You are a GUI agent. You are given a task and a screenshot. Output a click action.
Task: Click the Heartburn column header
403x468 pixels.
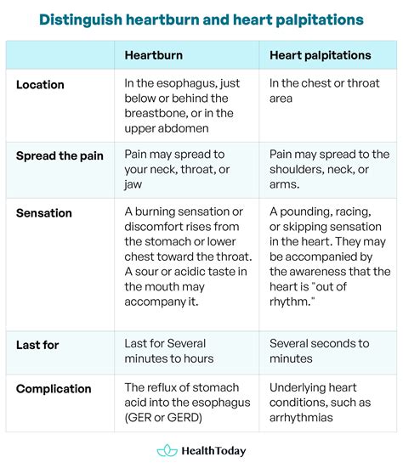coord(153,55)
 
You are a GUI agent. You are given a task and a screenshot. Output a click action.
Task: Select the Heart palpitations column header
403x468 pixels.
coord(320,55)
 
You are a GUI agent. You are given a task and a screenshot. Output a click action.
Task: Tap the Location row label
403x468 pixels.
coord(40,85)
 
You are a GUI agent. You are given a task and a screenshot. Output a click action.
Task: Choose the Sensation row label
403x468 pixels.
coord(43,212)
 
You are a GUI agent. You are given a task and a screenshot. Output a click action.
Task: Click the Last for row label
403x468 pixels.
coord(37,344)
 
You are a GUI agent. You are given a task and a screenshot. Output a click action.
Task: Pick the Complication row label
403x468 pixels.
coord(54,389)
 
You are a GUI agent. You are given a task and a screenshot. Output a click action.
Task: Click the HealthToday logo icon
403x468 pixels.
coord(167,451)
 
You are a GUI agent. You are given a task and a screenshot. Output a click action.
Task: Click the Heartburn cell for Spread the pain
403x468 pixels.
coord(175,169)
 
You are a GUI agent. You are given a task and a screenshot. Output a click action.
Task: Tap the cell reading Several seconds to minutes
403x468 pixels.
coord(319,351)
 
